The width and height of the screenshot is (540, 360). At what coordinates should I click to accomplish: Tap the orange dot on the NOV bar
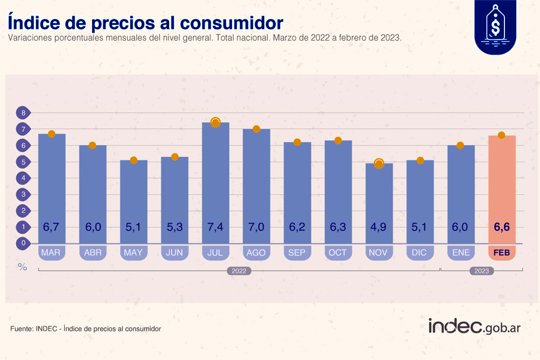pos(379,163)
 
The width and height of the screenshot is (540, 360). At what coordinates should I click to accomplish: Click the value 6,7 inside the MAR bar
pos(51,227)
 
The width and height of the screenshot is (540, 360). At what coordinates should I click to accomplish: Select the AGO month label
pos(256,253)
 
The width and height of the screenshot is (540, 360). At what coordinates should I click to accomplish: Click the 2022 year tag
pos(238,271)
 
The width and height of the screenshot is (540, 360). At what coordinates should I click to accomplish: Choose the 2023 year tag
pos(481,271)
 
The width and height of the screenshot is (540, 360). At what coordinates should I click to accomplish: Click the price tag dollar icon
pos(495,27)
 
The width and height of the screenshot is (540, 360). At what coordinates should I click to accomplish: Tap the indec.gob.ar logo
pos(474,326)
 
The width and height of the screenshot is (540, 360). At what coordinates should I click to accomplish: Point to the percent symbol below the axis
pos(22,267)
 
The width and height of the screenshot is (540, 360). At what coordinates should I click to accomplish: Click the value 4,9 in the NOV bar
pos(379,227)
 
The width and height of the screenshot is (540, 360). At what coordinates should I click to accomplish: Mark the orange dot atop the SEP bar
pos(297,142)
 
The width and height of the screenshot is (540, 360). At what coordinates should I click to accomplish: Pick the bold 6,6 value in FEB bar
pos(502,227)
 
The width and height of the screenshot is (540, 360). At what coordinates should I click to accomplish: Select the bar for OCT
pos(338,189)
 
